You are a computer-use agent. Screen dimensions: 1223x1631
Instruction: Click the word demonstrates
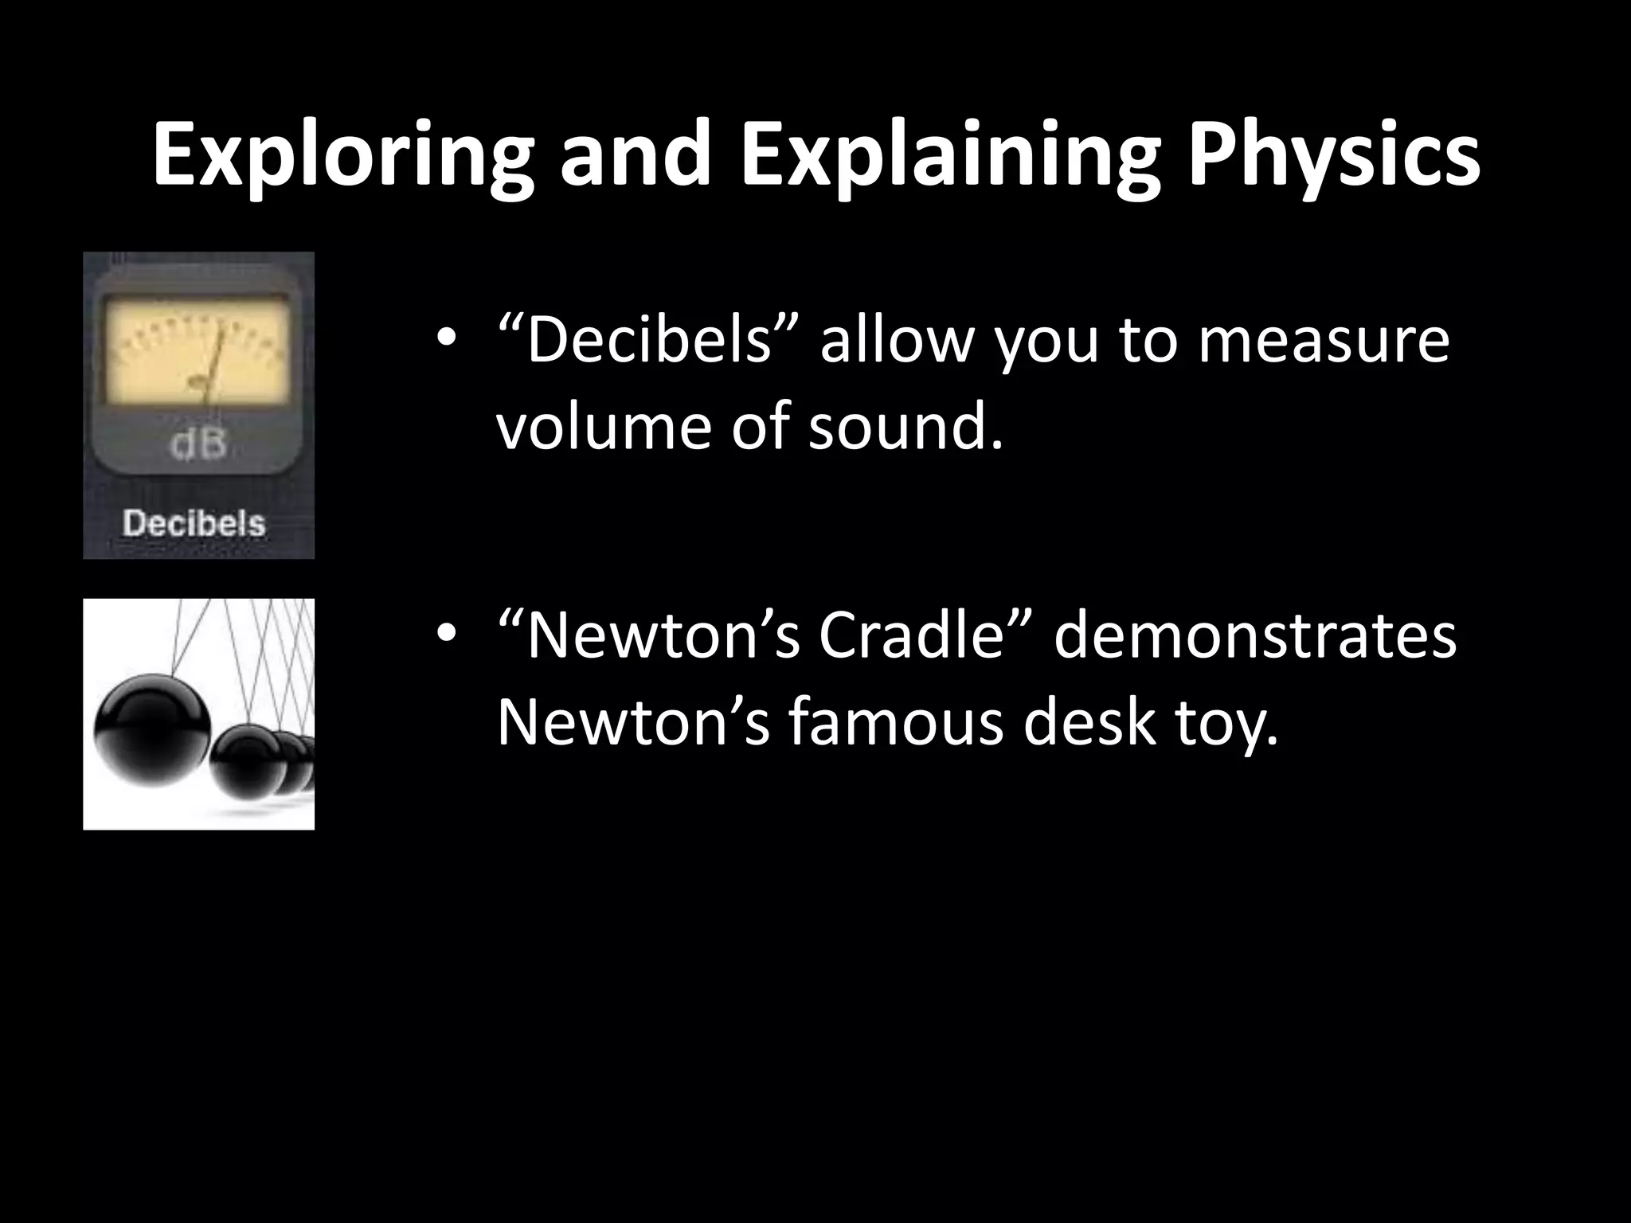pyautogui.click(x=1255, y=636)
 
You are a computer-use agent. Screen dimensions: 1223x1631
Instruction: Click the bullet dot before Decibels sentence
pyautogui.click(x=446, y=341)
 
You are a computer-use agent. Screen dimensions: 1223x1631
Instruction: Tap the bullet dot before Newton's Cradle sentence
pyautogui.click(x=446, y=637)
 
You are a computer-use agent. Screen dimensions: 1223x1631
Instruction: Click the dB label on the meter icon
pyautogui.click(x=198, y=446)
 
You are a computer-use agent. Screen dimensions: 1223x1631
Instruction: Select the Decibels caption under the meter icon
pyautogui.click(x=194, y=524)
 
